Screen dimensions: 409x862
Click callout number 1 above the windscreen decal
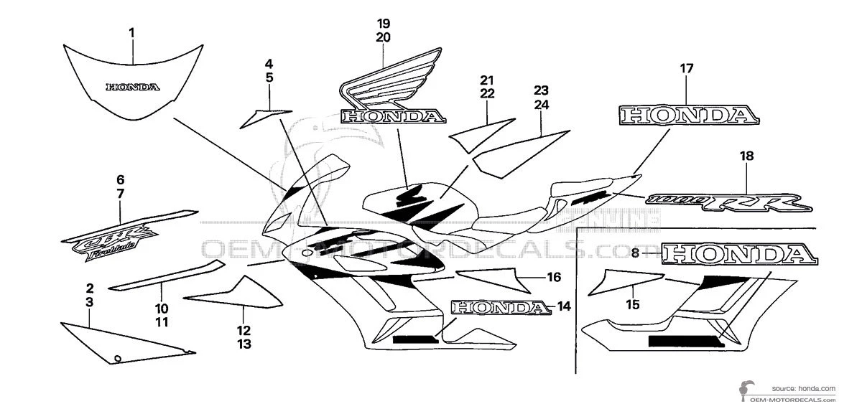pyautogui.click(x=132, y=32)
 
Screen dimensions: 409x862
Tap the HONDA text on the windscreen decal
pyautogui.click(x=132, y=88)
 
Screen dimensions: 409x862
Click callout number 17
pyautogui.click(x=687, y=69)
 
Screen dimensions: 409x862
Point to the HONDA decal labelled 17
pyautogui.click(x=688, y=115)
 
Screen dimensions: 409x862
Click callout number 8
pyautogui.click(x=635, y=253)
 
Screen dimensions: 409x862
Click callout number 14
pyautogui.click(x=563, y=306)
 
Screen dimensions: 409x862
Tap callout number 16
pyautogui.click(x=553, y=276)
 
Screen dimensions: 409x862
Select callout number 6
pyautogui.click(x=120, y=179)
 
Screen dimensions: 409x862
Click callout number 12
pyautogui.click(x=244, y=330)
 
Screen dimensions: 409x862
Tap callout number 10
pyautogui.click(x=162, y=308)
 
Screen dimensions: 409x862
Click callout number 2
pyautogui.click(x=89, y=288)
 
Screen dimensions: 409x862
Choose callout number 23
pyautogui.click(x=541, y=90)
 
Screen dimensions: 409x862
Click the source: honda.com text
pyautogui.click(x=804, y=387)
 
